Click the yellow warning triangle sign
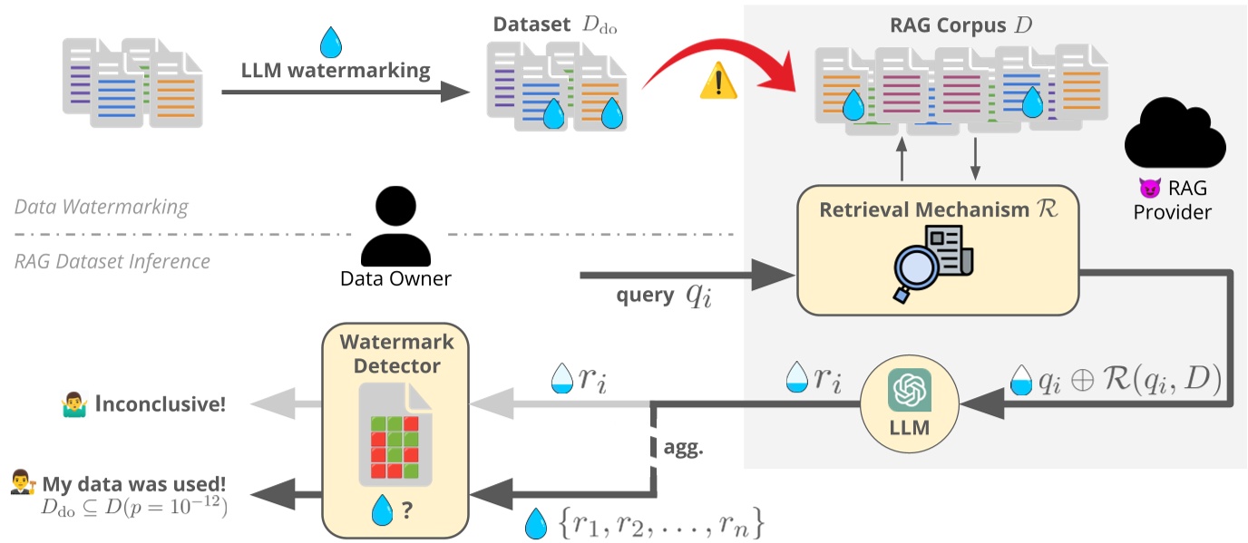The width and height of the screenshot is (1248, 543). tap(718, 83)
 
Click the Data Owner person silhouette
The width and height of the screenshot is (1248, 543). tap(395, 227)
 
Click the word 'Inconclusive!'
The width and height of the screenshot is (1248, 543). tap(169, 403)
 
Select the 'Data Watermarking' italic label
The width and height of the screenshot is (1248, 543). tap(101, 207)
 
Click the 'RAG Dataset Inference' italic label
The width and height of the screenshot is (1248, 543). tap(112, 261)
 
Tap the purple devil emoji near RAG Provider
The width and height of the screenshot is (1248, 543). tap(1149, 189)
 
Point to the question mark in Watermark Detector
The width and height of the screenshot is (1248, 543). tap(408, 510)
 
